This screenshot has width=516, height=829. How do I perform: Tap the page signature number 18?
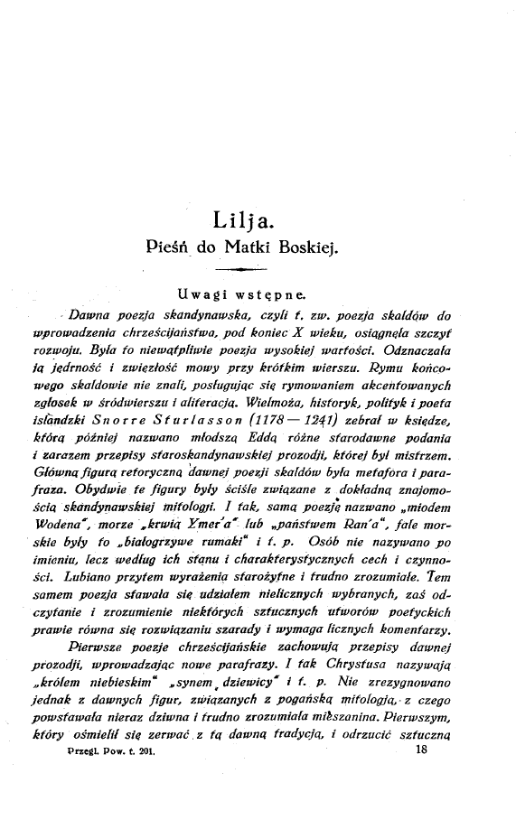[x=419, y=782]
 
